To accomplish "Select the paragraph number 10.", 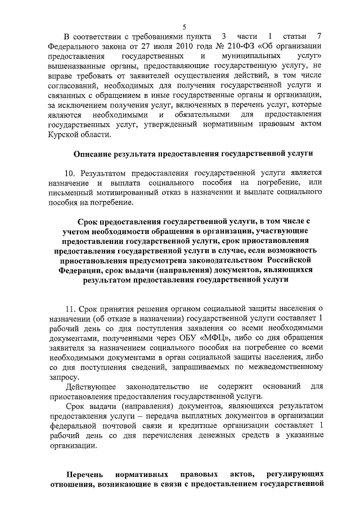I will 70,173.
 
